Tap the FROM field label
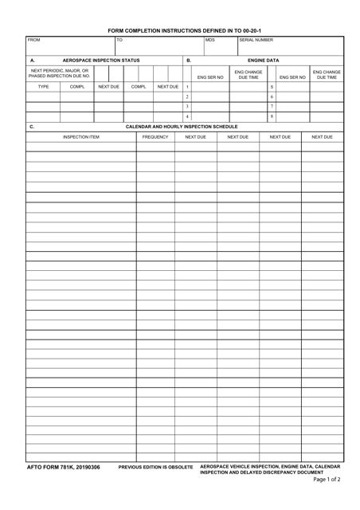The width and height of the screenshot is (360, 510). pyautogui.click(x=33, y=40)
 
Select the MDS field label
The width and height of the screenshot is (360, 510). pyautogui.click(x=210, y=40)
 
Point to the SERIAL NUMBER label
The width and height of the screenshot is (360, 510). pyautogui.click(x=256, y=40)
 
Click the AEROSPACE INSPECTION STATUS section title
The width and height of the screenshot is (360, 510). pyautogui.click(x=101, y=61)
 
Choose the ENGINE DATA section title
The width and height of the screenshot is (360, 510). pyautogui.click(x=263, y=61)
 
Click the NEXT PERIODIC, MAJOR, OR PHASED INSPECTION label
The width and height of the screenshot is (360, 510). pyautogui.click(x=60, y=73)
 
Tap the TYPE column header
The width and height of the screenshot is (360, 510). pyautogui.click(x=44, y=86)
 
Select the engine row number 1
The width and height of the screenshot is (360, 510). pyautogui.click(x=187, y=87)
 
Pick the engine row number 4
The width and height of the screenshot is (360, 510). pyautogui.click(x=187, y=116)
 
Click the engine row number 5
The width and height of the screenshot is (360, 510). pyautogui.click(x=272, y=87)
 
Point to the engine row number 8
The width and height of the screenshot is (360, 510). pyautogui.click(x=272, y=116)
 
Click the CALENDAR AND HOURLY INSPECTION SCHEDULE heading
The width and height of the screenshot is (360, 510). pyautogui.click(x=182, y=127)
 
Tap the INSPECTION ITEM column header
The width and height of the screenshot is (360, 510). pyautogui.click(x=81, y=137)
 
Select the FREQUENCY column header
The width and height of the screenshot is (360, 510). pyautogui.click(x=155, y=137)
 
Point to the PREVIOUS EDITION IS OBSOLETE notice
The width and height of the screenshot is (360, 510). pyautogui.click(x=155, y=468)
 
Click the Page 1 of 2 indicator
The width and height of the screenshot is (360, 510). pyautogui.click(x=327, y=480)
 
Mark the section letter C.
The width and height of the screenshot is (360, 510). pyautogui.click(x=32, y=127)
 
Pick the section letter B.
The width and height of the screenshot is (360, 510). pyautogui.click(x=189, y=61)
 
